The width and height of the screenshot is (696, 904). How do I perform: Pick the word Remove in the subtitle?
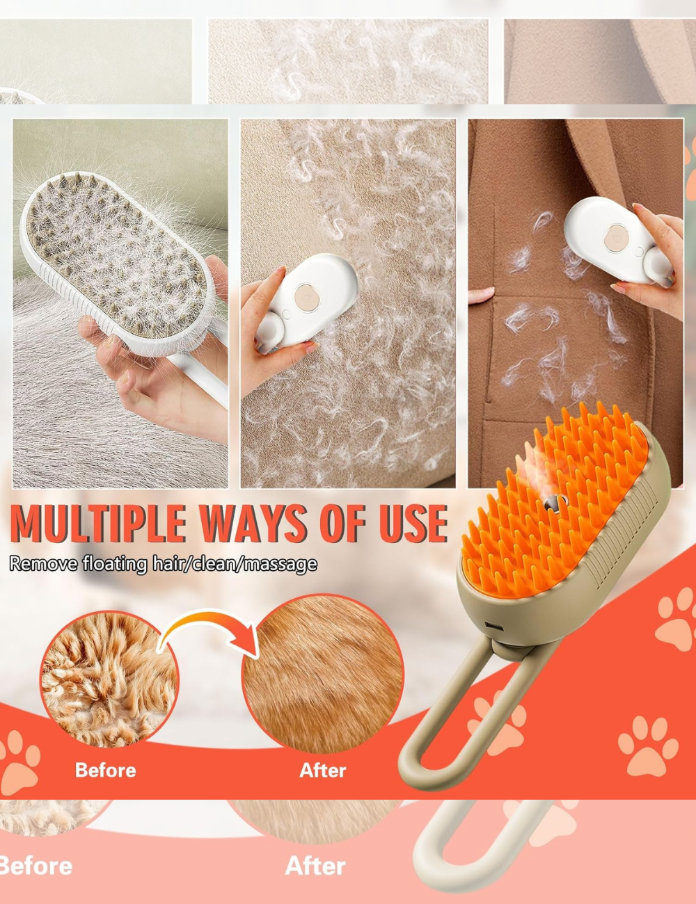pos(43,563)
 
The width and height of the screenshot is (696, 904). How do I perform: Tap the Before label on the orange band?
pos(105,770)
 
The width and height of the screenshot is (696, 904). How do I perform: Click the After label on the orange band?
pos(322,770)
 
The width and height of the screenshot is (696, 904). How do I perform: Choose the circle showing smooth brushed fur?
pos(322,675)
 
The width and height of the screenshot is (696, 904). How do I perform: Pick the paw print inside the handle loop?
pos(498,723)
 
